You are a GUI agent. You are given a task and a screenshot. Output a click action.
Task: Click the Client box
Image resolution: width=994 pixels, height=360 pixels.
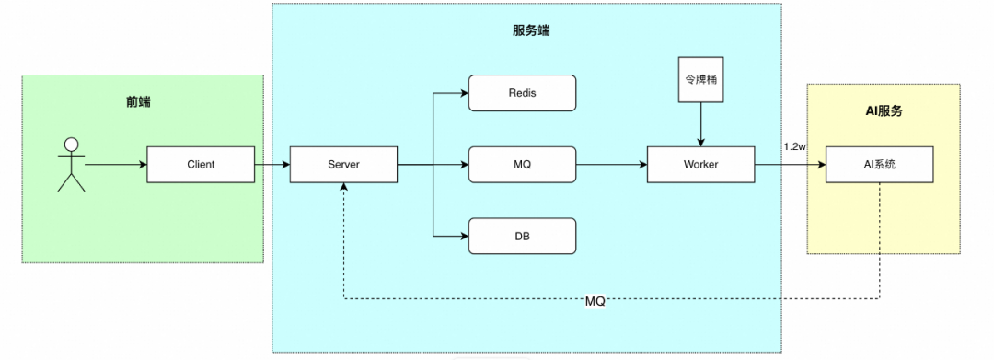(201, 165)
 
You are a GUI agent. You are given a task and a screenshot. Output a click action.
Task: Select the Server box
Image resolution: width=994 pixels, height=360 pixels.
(343, 165)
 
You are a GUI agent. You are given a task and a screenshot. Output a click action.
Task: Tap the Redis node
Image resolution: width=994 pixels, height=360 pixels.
(523, 93)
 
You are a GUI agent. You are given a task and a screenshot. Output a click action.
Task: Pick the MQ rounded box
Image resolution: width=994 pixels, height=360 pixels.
(523, 165)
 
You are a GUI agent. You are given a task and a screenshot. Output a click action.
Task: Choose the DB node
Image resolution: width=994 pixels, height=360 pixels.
(523, 237)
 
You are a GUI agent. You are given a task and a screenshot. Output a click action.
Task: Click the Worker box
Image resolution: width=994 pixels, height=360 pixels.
(701, 165)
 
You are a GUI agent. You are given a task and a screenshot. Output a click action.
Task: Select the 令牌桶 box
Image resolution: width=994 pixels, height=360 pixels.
(701, 79)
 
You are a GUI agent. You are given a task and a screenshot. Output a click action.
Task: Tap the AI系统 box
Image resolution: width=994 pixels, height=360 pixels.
(879, 165)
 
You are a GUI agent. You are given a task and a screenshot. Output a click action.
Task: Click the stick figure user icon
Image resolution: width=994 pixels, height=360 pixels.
(71, 164)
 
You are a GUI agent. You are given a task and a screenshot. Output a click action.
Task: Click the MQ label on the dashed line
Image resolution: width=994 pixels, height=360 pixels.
(595, 302)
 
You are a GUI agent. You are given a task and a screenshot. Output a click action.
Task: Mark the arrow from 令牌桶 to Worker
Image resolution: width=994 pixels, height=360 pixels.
(701, 124)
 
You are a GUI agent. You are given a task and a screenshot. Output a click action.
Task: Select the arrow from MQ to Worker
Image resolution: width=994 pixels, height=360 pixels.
(612, 165)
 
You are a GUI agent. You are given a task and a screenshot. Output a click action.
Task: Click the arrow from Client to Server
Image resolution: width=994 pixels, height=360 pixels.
(272, 165)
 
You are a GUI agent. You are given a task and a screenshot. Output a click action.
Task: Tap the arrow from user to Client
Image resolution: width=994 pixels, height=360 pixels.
(116, 165)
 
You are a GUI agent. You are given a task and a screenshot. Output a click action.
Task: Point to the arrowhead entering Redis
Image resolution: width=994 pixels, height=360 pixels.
(465, 93)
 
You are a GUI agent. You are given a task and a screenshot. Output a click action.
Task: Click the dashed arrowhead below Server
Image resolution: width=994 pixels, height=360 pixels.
(343, 188)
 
